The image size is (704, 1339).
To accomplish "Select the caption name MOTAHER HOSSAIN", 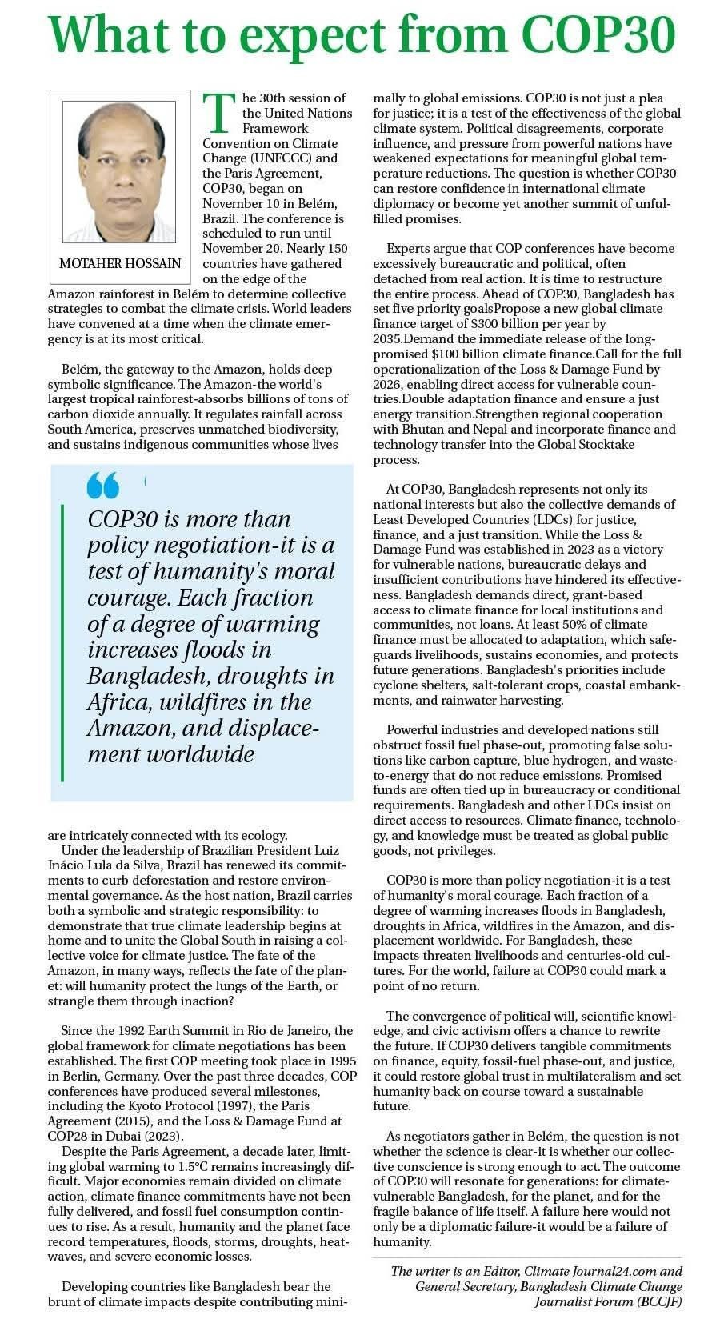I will pos(120,264).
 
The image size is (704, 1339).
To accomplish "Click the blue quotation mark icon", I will pos(103,485).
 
